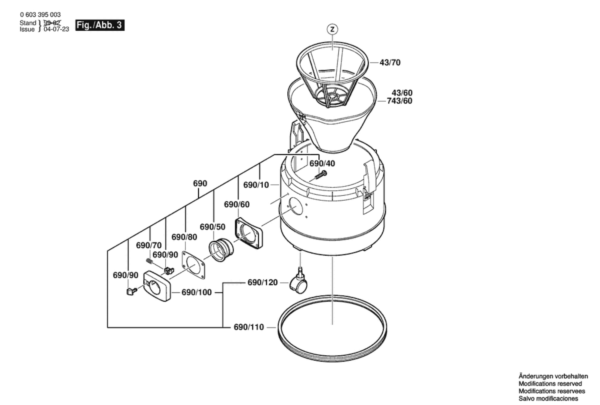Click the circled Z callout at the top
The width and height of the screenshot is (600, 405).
click(332, 29)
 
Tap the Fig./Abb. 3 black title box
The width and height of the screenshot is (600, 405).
click(100, 25)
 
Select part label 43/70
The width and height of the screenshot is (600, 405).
click(390, 62)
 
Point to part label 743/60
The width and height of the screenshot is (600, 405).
click(399, 101)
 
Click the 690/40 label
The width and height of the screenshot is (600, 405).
click(322, 163)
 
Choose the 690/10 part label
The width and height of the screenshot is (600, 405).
click(256, 185)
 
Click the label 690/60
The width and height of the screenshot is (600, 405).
click(237, 205)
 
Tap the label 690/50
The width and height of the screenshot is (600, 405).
click(213, 227)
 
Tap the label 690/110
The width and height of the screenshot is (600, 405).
click(249, 327)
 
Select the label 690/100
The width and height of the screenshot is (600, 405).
click(197, 292)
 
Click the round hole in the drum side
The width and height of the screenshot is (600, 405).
click(295, 206)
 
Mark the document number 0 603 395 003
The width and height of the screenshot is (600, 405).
click(40, 15)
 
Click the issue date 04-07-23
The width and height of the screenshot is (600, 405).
click(57, 29)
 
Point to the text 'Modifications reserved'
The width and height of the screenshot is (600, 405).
click(550, 384)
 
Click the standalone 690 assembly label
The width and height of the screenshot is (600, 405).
click(200, 184)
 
